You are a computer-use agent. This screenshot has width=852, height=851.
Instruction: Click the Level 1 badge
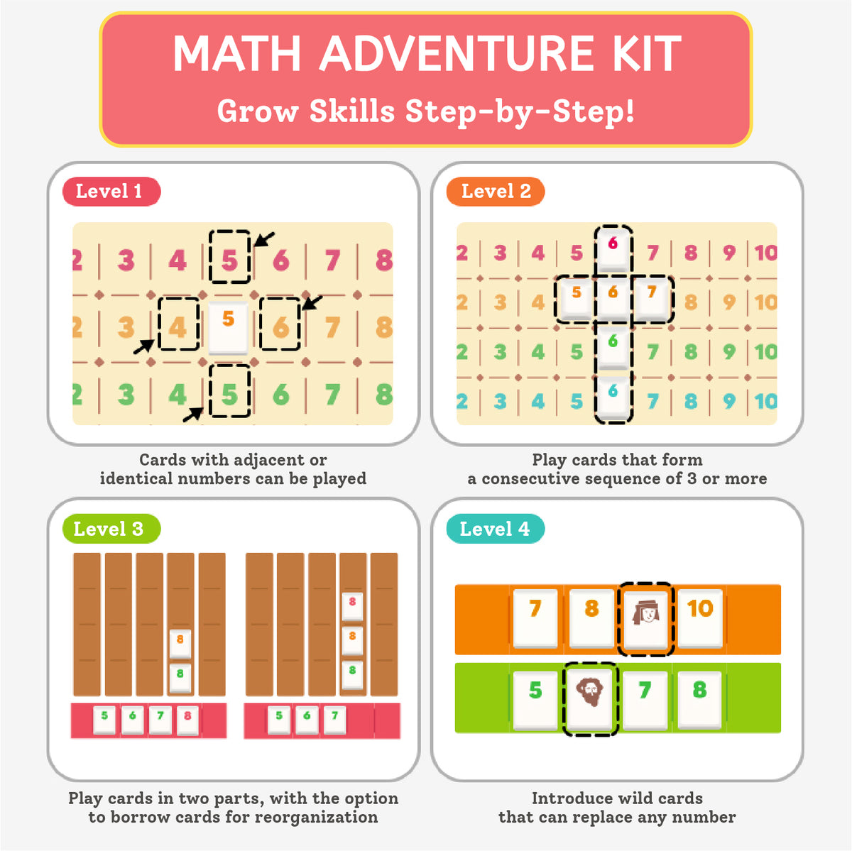111,192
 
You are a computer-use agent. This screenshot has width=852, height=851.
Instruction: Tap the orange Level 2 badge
495,192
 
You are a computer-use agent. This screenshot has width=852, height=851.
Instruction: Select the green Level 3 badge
111,529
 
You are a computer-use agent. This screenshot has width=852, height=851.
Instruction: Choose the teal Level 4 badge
495,529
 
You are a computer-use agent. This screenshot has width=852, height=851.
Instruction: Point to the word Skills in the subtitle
351,111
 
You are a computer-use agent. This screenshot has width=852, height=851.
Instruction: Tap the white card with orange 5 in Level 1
228,328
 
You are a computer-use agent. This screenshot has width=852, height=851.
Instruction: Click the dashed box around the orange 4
179,324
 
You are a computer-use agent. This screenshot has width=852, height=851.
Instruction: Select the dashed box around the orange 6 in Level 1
280,324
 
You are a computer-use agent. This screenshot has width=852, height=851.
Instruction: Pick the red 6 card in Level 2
613,249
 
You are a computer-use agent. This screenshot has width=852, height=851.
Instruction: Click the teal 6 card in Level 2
613,397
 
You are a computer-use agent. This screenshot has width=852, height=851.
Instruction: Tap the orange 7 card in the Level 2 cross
651,298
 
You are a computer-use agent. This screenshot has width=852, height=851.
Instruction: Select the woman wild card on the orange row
646,619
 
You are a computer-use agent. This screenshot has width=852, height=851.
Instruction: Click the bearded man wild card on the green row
590,698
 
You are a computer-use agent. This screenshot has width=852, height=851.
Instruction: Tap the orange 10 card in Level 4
700,618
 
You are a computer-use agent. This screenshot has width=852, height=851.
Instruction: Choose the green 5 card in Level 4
535,699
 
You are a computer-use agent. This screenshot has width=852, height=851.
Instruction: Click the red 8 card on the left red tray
187,720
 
